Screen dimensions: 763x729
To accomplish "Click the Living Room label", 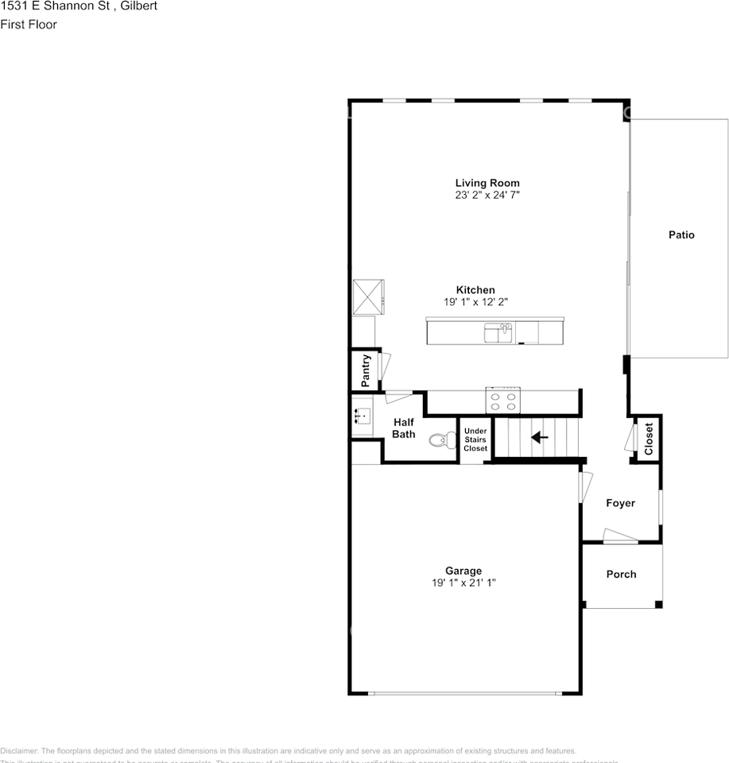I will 487,183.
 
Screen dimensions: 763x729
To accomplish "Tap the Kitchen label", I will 475,290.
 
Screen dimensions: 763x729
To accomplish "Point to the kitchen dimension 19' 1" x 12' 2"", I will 475,302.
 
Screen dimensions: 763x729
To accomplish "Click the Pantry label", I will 366,371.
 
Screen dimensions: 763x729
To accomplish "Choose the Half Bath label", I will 404,428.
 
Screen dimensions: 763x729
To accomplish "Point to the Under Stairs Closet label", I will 475,440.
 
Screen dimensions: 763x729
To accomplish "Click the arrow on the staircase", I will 540,437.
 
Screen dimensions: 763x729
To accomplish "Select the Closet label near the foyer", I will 649,438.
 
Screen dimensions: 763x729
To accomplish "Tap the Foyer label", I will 620,503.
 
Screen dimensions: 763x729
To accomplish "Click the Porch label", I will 621,574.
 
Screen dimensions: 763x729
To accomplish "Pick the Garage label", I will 463,571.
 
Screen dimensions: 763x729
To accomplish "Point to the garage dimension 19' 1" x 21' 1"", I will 463,583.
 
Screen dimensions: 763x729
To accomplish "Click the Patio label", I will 681,234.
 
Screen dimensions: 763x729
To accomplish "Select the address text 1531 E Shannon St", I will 56,6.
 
